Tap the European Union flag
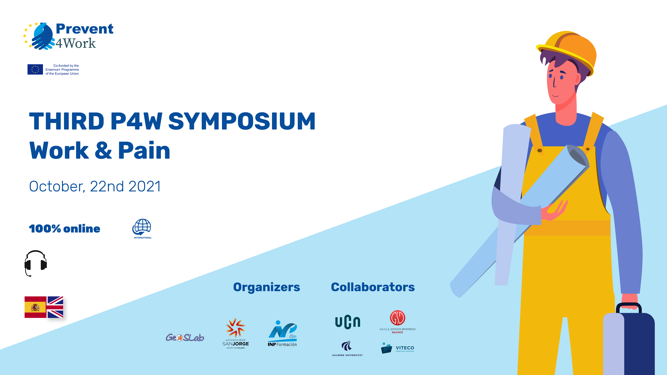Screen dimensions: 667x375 tap(35, 69)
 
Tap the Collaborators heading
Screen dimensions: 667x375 tap(373, 287)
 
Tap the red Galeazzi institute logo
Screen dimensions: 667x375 tap(397, 322)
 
